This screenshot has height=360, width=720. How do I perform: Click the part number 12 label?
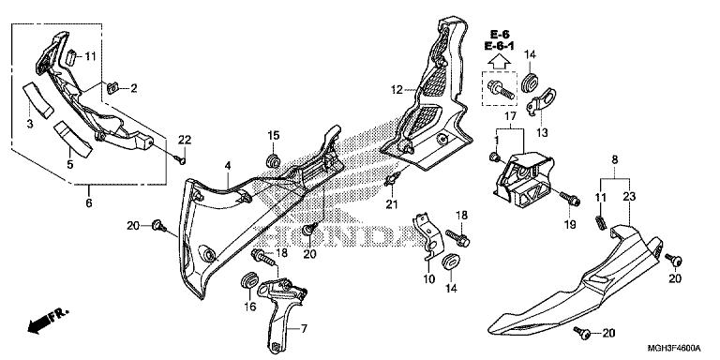(x=397, y=90)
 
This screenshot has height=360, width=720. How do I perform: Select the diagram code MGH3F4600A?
(x=674, y=348)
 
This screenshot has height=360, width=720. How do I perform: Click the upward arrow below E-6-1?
(x=499, y=62)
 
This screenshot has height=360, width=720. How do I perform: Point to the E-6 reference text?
(x=499, y=35)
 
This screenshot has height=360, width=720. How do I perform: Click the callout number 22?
(x=185, y=140)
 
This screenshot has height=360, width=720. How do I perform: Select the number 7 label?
(x=304, y=328)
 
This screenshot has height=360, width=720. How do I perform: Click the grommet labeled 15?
(x=273, y=160)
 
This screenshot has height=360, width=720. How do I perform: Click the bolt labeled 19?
(x=570, y=200)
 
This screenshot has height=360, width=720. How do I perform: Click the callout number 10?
(x=428, y=278)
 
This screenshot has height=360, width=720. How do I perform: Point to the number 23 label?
(x=630, y=197)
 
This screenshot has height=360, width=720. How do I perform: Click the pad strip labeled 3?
(x=37, y=100)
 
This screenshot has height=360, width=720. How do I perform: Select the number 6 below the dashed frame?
(x=89, y=202)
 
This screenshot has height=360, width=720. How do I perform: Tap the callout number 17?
(x=510, y=116)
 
